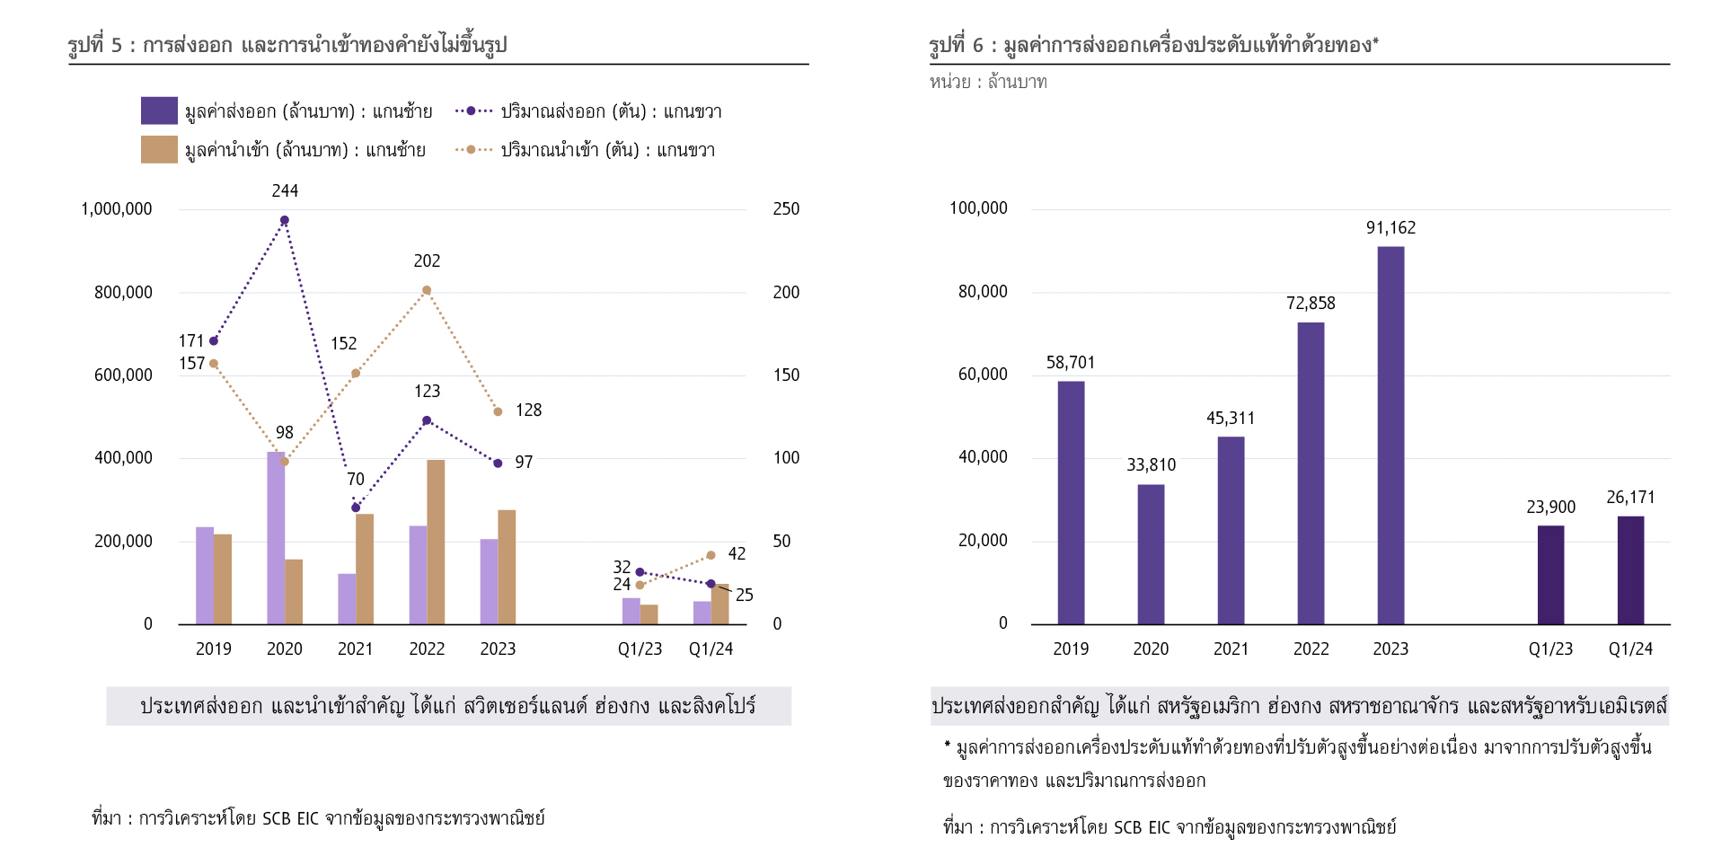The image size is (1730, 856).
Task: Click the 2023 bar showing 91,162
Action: pos(1390,436)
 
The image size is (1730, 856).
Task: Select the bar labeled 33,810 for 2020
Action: pos(1151,554)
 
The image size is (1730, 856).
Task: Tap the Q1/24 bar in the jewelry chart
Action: pos(1630,570)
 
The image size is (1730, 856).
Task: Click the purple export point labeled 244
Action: pos(285,220)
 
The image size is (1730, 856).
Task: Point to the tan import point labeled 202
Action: pos(427,290)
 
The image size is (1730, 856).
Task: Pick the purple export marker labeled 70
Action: pos(356,507)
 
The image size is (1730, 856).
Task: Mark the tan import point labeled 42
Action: pos(711,555)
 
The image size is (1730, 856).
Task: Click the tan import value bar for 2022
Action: pos(436,543)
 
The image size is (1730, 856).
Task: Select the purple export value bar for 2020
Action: pos(276,538)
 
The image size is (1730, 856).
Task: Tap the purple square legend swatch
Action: pos(159,110)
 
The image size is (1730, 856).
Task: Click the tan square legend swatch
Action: pos(159,149)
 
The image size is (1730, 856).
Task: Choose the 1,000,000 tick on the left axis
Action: pos(117,209)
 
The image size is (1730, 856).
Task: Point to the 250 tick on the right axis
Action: pos(786,209)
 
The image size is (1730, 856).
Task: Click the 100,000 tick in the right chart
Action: pos(978,208)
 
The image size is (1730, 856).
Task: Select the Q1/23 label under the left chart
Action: pos(640,649)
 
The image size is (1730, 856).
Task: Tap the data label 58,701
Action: pos(1071,363)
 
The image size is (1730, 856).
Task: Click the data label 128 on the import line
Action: pos(528,410)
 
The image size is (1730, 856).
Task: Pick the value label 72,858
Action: pos(1311,304)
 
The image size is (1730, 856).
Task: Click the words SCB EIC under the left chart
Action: pos(290,818)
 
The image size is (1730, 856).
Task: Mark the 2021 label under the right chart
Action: pos(1231,649)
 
